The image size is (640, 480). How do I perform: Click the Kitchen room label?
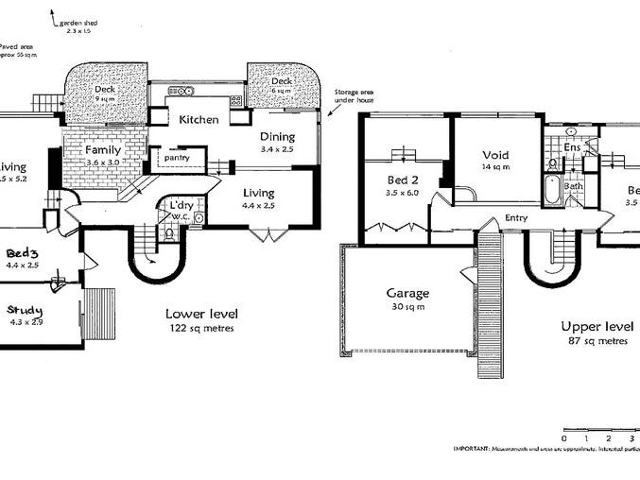(199, 120)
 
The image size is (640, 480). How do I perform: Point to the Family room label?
(101, 150)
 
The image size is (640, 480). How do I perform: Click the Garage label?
(406, 293)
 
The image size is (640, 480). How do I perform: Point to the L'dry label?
(182, 205)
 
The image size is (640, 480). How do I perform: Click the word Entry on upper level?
(516, 217)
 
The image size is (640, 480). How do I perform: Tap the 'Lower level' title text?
(200, 314)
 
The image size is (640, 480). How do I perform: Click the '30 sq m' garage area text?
(406, 306)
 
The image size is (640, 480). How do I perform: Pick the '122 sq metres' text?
(200, 328)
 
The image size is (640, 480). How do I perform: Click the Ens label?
(571, 148)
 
